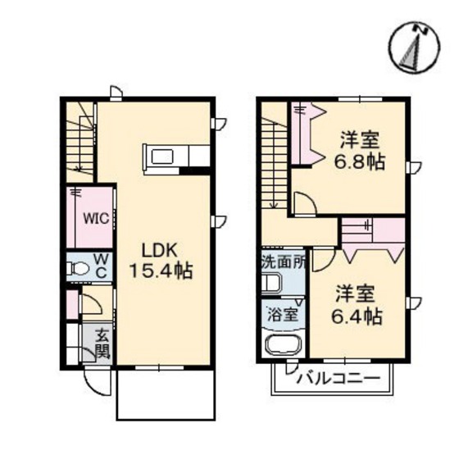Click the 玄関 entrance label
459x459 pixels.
(x=102, y=344)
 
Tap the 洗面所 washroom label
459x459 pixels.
(x=284, y=264)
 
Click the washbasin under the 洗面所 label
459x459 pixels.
(x=271, y=284)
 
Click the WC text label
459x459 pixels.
(x=103, y=266)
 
